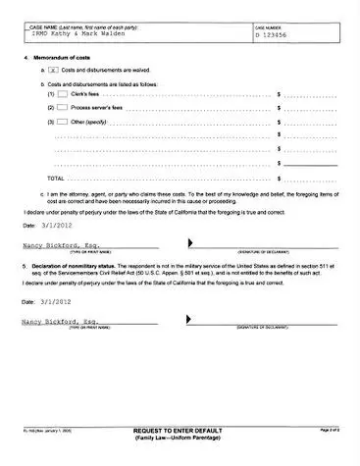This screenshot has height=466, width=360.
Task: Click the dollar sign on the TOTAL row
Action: coord(280,179)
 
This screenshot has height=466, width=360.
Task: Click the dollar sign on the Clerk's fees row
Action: coord(280,94)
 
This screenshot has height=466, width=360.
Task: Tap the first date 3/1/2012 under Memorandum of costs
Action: coord(56,225)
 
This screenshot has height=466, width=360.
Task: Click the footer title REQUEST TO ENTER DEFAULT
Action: coord(180,431)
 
